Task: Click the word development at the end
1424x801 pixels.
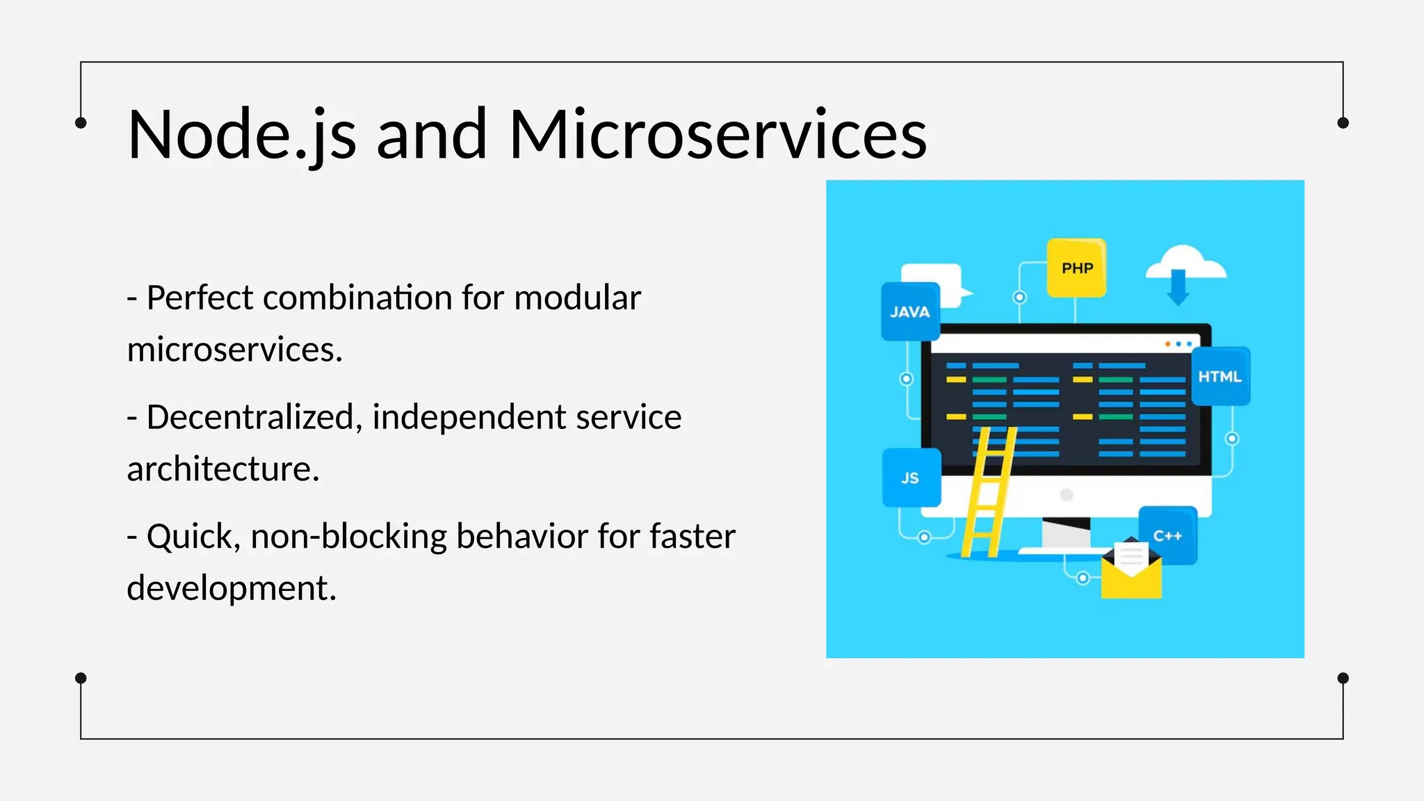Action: pyautogui.click(x=232, y=588)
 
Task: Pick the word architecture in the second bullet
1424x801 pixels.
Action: pyautogui.click(x=222, y=469)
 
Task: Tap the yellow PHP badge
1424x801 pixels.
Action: pyautogui.click(x=1076, y=268)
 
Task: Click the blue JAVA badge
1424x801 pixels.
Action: pyautogui.click(x=910, y=312)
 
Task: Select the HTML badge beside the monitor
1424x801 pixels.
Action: pyautogui.click(x=1220, y=376)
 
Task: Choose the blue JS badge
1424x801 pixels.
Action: pyautogui.click(x=911, y=478)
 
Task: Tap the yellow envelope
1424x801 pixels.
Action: pyautogui.click(x=1131, y=577)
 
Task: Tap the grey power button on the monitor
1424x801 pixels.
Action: pyautogui.click(x=1067, y=494)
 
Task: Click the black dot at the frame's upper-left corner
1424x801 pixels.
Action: pyautogui.click(x=81, y=123)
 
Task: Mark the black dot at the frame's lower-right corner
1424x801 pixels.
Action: pyautogui.click(x=1343, y=678)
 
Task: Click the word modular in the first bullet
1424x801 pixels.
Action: pyautogui.click(x=577, y=298)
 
